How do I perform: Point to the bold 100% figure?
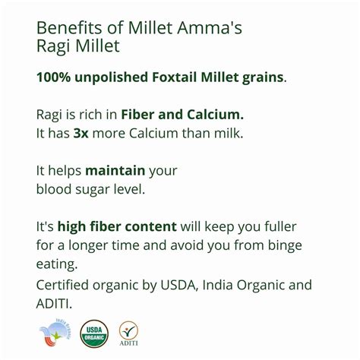tap(54, 78)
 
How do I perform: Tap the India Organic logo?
tap(55, 332)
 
